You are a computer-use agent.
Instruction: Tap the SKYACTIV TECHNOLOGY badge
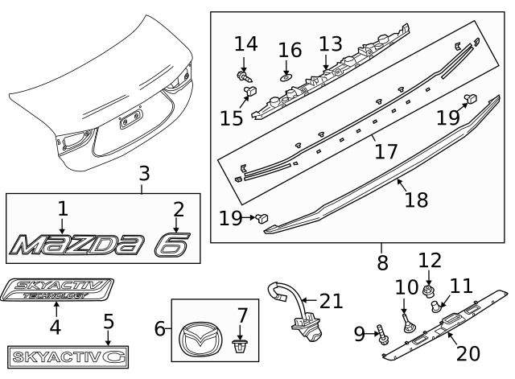58,290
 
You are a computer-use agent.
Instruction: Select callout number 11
461,286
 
